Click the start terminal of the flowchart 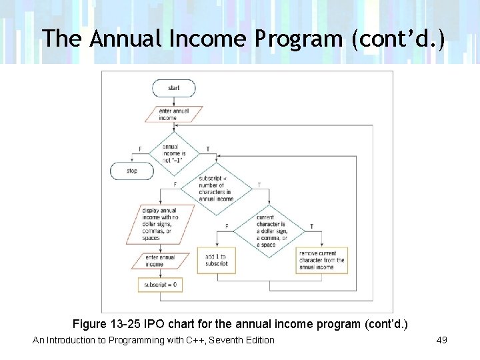(x=174, y=88)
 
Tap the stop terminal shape (x=132, y=171)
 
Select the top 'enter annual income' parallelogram (x=173, y=114)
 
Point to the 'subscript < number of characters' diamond (x=216, y=189)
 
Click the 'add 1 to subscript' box (x=217, y=260)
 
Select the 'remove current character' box (x=321, y=260)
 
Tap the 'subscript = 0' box (x=160, y=285)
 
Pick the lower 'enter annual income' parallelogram (x=161, y=260)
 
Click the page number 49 (x=441, y=340)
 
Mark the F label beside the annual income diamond (x=140, y=149)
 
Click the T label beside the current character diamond (x=311, y=227)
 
